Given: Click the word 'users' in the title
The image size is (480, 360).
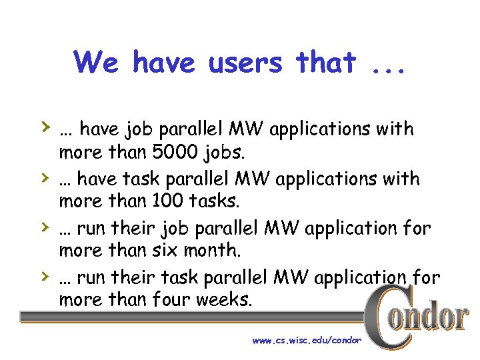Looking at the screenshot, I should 247,63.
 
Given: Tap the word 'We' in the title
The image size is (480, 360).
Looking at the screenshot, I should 96,63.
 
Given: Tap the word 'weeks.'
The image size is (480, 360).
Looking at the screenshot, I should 225,299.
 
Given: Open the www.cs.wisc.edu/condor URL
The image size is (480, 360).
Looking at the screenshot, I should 307,341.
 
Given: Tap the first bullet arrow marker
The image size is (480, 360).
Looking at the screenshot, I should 43,126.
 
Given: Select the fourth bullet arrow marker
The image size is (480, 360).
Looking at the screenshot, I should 43,275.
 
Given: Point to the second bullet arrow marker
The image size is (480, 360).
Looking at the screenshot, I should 43,177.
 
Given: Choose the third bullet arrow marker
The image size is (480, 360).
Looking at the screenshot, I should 43,226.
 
